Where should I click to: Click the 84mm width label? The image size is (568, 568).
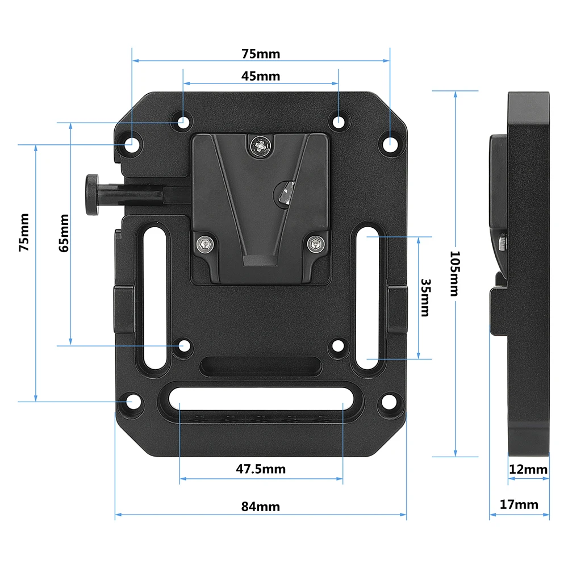(261, 506)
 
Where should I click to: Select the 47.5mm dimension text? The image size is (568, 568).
(261, 469)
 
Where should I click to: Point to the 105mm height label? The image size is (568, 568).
(453, 273)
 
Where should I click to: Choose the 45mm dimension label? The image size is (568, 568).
(261, 76)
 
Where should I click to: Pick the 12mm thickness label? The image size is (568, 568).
(528, 469)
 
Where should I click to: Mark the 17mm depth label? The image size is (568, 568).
(519, 504)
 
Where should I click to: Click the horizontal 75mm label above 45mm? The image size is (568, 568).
(261, 54)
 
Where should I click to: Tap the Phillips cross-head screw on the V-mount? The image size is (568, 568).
(261, 146)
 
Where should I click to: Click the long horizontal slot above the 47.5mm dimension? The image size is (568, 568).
(261, 395)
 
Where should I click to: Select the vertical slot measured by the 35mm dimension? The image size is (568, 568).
(369, 298)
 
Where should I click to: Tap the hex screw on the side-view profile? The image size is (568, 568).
(503, 243)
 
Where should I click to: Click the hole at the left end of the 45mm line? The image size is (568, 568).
(183, 122)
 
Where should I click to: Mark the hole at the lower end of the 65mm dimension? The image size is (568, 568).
(183, 345)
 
